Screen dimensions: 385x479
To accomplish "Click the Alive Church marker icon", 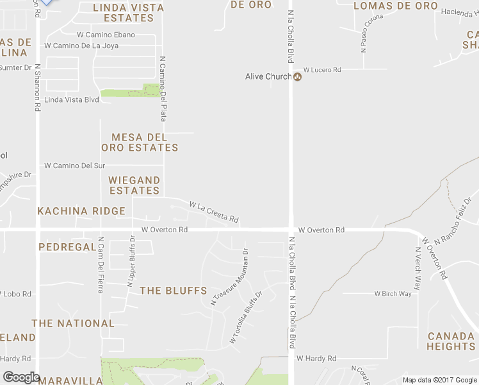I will coord(297,77).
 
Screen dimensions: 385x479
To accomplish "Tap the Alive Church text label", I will coord(268,77).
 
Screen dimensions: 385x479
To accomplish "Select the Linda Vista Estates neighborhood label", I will coord(129,13).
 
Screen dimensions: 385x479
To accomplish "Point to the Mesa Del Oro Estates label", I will coord(140,142).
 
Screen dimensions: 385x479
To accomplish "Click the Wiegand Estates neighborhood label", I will coord(134,185).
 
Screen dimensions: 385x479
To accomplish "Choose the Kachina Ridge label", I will coord(81,211).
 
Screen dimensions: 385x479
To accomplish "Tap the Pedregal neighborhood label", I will coord(67,247).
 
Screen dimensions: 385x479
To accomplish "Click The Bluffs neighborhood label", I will coord(174,291).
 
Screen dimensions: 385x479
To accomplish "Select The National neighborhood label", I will coord(73,323).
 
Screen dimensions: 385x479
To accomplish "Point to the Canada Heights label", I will coord(451,341).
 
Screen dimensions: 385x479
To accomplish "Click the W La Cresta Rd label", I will coord(214,212).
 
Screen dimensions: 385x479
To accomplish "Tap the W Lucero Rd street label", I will coord(322,69).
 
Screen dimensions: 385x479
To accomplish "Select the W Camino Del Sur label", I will coord(74,166).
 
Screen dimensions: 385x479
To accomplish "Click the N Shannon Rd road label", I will coord(38,87).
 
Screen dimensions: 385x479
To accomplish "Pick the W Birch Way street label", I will coord(393,294).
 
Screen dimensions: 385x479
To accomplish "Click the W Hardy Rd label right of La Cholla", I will coord(316,359).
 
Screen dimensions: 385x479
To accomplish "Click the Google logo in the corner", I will coord(21,377).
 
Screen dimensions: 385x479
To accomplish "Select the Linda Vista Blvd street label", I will coord(72,99).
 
